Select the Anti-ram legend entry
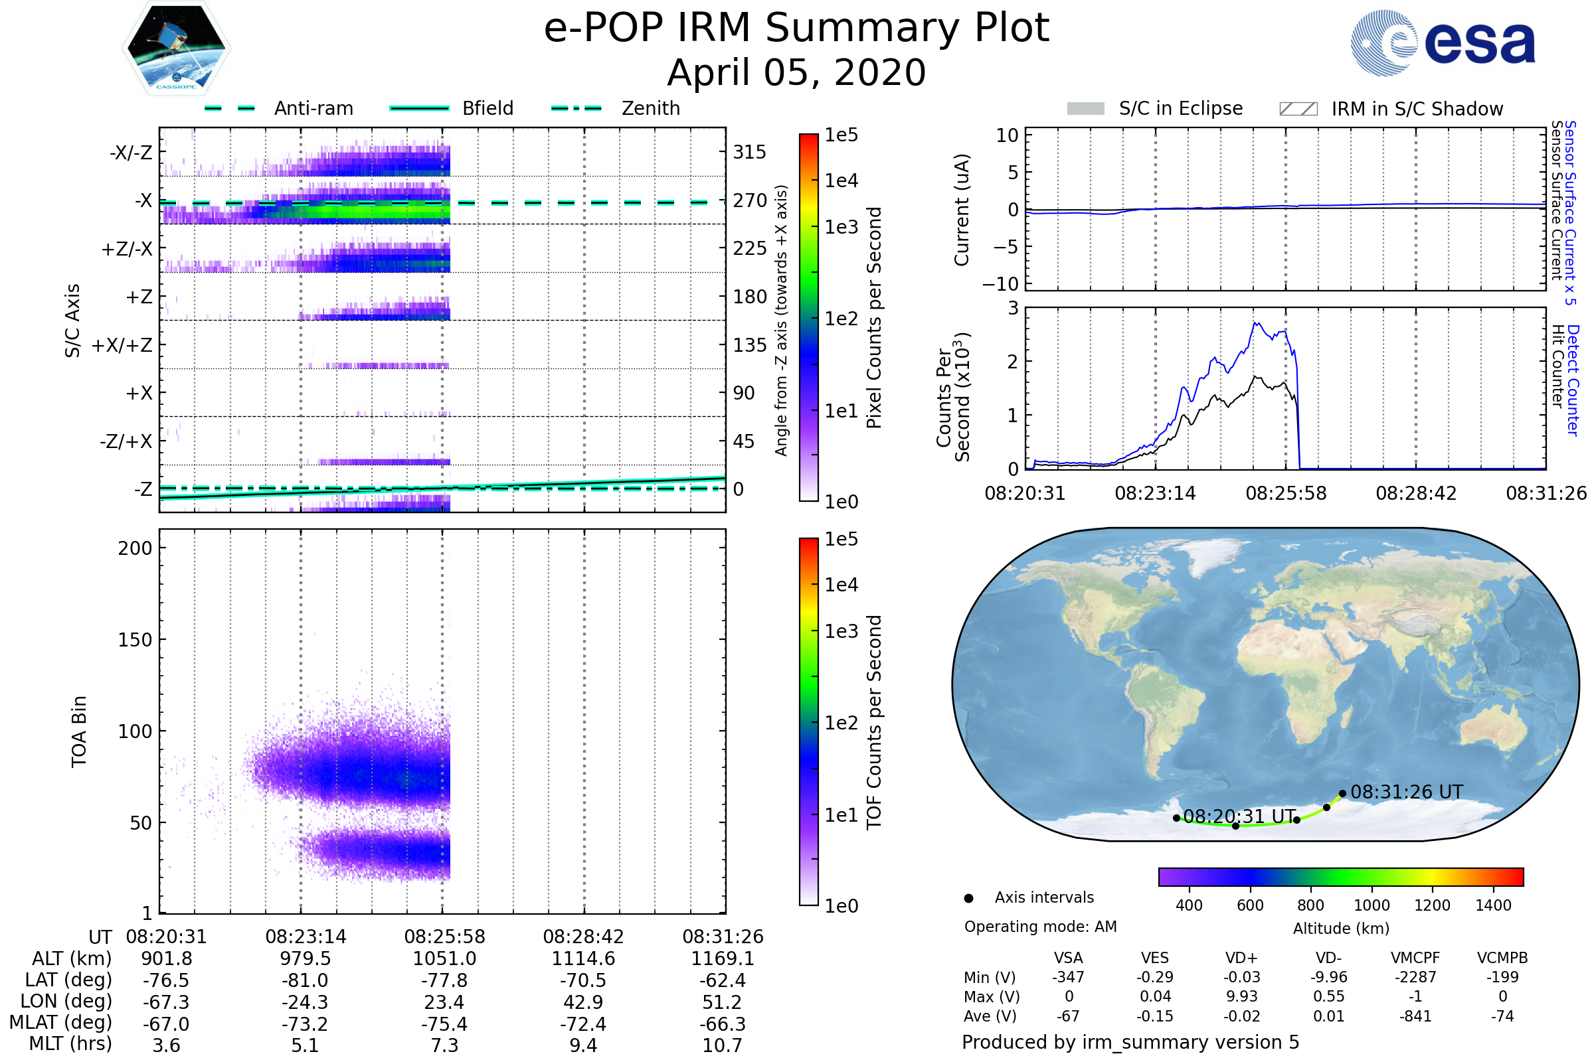pos(313,108)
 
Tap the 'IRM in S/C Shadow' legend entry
pos(1417,109)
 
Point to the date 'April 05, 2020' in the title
pos(796,73)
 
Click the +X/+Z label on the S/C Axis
pos(122,345)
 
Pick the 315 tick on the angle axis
pos(749,153)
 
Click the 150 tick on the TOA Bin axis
pos(135,640)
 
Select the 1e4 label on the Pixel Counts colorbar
pos(841,181)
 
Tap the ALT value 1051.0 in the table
pos(444,959)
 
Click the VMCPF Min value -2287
pos(1415,977)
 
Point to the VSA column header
pos(1068,958)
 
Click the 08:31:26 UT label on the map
pos(1406,792)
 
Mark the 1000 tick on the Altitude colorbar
pos(1371,905)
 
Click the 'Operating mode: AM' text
pos(1040,927)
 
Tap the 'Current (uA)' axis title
pos(962,210)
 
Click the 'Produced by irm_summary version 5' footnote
pos(1130,1042)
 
